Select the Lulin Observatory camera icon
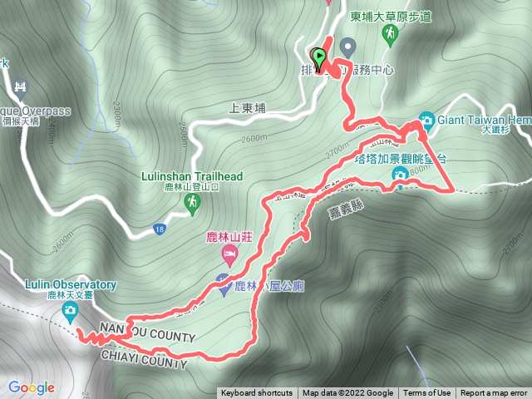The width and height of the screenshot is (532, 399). (71, 312)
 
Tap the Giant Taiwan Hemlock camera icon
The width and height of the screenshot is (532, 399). (426, 119)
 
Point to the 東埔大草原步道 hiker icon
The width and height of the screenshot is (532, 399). (389, 33)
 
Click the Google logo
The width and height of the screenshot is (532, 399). (32, 387)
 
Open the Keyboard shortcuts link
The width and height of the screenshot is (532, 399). (257, 393)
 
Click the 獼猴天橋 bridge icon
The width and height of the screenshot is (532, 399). (21, 86)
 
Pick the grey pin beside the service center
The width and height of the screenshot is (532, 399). (347, 46)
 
